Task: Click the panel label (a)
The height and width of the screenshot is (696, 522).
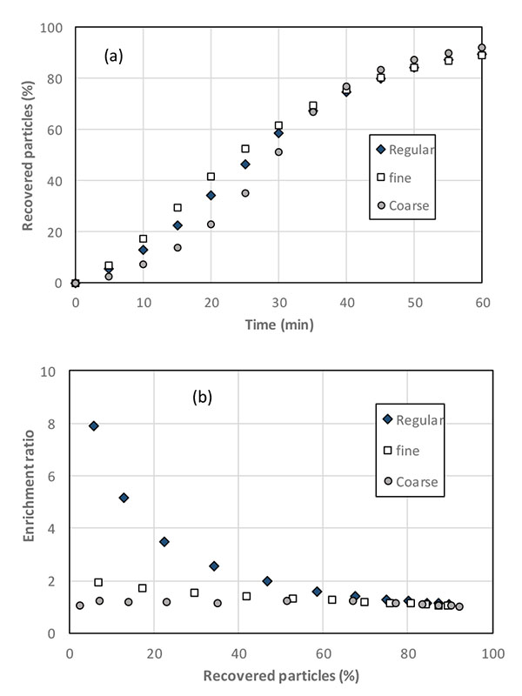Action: click(114, 57)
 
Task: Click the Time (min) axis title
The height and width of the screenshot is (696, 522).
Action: click(278, 325)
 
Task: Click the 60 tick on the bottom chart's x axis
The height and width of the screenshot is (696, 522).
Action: click(324, 651)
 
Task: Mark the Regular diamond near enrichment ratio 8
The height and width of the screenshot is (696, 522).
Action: click(94, 425)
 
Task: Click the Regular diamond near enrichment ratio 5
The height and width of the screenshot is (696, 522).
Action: click(124, 498)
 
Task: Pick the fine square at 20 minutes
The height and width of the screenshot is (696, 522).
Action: click(211, 177)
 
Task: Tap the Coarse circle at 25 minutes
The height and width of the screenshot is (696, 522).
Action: click(245, 193)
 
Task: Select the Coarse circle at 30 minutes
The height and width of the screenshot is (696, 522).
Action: click(278, 152)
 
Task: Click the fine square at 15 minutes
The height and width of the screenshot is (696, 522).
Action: click(177, 208)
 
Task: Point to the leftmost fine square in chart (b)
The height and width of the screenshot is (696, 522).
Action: click(98, 582)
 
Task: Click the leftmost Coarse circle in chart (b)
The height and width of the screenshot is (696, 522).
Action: click(80, 606)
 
